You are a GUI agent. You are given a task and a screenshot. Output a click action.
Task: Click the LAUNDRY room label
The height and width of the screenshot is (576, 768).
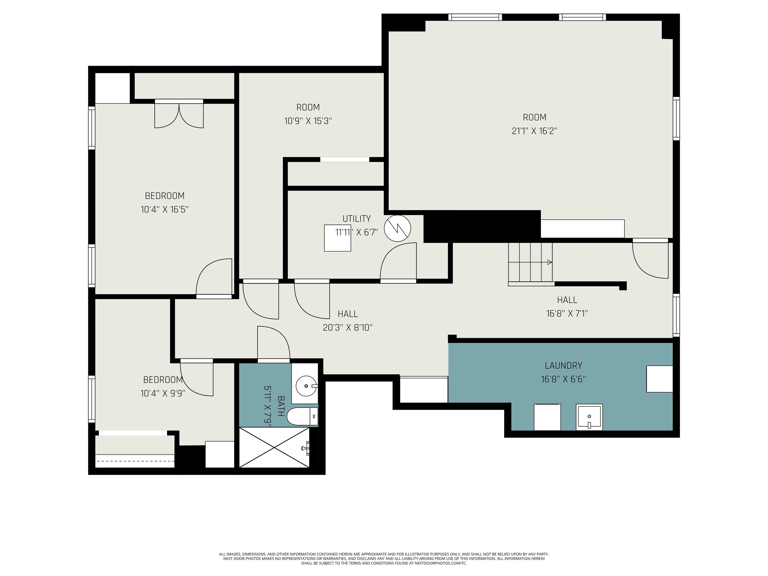point(563,365)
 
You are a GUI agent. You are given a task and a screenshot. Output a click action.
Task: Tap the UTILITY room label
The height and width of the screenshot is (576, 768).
point(356,219)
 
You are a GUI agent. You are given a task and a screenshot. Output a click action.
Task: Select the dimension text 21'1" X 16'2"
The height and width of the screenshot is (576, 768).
point(535,131)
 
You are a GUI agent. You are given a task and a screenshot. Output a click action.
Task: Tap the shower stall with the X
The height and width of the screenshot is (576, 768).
point(274,447)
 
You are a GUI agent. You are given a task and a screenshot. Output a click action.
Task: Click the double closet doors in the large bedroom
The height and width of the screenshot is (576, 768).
point(179,115)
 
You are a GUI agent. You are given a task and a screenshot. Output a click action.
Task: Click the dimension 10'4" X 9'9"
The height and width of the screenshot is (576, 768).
point(163,393)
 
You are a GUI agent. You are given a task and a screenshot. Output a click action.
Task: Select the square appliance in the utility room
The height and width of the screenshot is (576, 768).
point(337,238)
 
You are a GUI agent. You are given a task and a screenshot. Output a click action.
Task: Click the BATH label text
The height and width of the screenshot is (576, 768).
point(281,406)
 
